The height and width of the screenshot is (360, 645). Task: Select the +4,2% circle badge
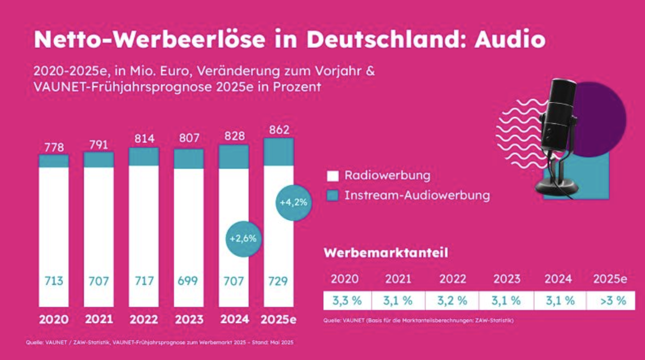293,202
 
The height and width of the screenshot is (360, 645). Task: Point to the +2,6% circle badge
243,239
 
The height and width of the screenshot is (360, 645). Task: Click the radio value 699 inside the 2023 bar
188,281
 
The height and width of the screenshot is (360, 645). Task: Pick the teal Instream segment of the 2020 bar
54,161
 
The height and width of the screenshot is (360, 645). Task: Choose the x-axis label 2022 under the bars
144,320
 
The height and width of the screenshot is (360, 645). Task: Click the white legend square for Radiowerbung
332,176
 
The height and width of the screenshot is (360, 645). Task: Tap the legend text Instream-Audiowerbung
417,195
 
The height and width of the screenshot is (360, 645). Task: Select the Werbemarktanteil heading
385,253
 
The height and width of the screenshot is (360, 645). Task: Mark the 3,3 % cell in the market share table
347,301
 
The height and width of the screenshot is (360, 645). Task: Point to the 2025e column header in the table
610,279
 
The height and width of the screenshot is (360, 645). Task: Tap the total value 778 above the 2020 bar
54,147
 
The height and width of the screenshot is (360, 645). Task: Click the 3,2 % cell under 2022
452,301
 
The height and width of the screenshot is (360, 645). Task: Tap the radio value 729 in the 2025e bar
278,281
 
